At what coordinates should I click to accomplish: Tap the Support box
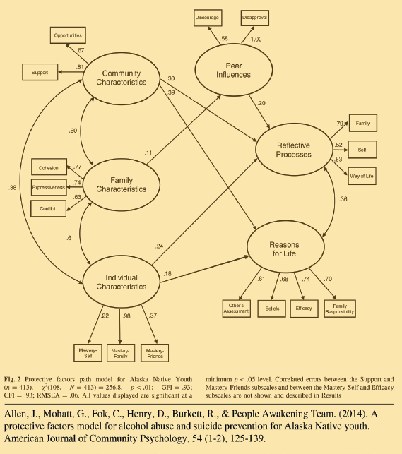(x=39, y=72)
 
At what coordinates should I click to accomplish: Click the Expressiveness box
(x=49, y=187)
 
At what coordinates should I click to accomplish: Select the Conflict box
(x=49, y=208)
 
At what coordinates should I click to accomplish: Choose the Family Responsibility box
(x=340, y=307)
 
